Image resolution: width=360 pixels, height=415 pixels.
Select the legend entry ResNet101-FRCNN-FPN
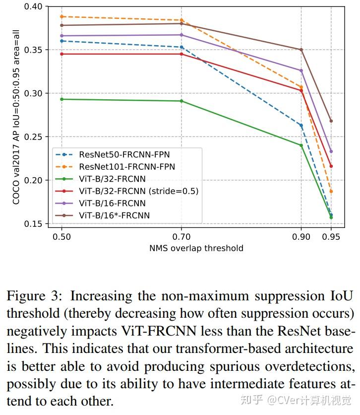click(126, 167)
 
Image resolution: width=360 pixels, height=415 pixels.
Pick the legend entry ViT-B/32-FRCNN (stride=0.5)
click(138, 191)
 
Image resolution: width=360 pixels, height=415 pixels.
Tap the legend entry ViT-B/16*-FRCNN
click(114, 215)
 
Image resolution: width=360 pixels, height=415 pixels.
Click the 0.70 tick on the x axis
click(181, 237)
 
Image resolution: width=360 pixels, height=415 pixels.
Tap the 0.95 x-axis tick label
click(331, 237)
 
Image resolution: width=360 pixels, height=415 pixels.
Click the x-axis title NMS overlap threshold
click(196, 248)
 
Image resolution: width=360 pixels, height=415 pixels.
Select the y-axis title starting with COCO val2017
click(17, 115)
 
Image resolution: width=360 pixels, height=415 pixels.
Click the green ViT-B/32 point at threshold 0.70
click(181, 101)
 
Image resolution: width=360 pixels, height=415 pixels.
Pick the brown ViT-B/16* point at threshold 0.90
click(301, 50)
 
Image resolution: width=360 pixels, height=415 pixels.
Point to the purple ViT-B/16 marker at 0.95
click(331, 151)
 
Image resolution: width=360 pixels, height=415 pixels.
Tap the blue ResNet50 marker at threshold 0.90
click(301, 125)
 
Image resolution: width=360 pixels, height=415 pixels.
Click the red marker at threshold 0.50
click(61, 54)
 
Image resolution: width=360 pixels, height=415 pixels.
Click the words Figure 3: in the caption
click(35, 296)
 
